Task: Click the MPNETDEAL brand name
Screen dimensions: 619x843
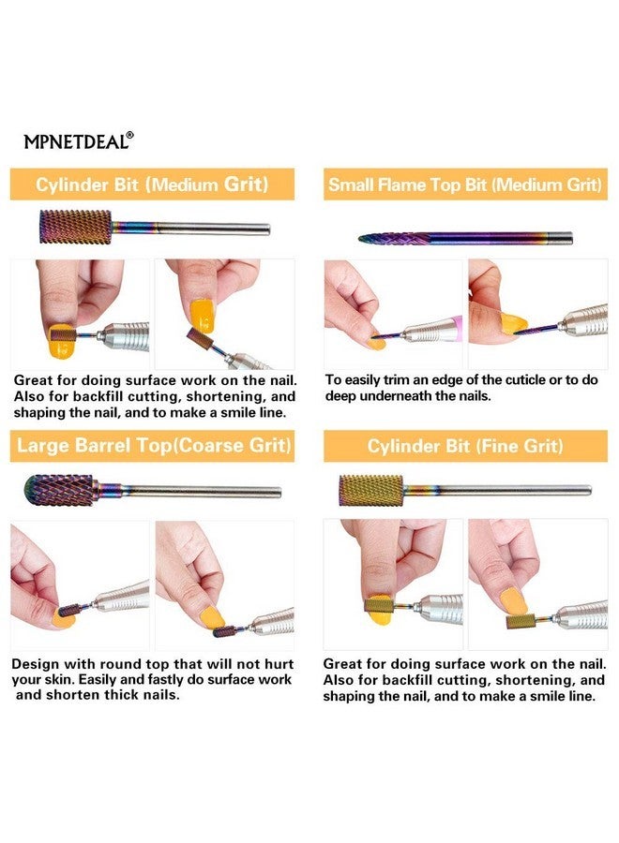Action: (75, 141)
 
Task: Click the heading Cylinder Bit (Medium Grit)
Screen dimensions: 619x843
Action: (152, 185)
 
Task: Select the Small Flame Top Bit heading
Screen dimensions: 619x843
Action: (465, 185)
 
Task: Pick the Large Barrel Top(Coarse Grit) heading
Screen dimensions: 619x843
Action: (154, 445)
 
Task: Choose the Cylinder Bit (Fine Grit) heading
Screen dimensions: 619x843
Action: (465, 446)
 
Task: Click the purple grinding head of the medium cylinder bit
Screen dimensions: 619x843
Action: (75, 228)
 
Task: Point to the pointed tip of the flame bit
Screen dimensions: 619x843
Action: (360, 238)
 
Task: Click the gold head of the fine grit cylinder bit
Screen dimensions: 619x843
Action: (370, 490)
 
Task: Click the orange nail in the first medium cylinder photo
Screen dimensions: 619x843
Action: (61, 342)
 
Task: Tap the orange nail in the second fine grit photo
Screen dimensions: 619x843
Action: (514, 602)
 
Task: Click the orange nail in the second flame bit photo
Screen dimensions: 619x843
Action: (513, 324)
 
